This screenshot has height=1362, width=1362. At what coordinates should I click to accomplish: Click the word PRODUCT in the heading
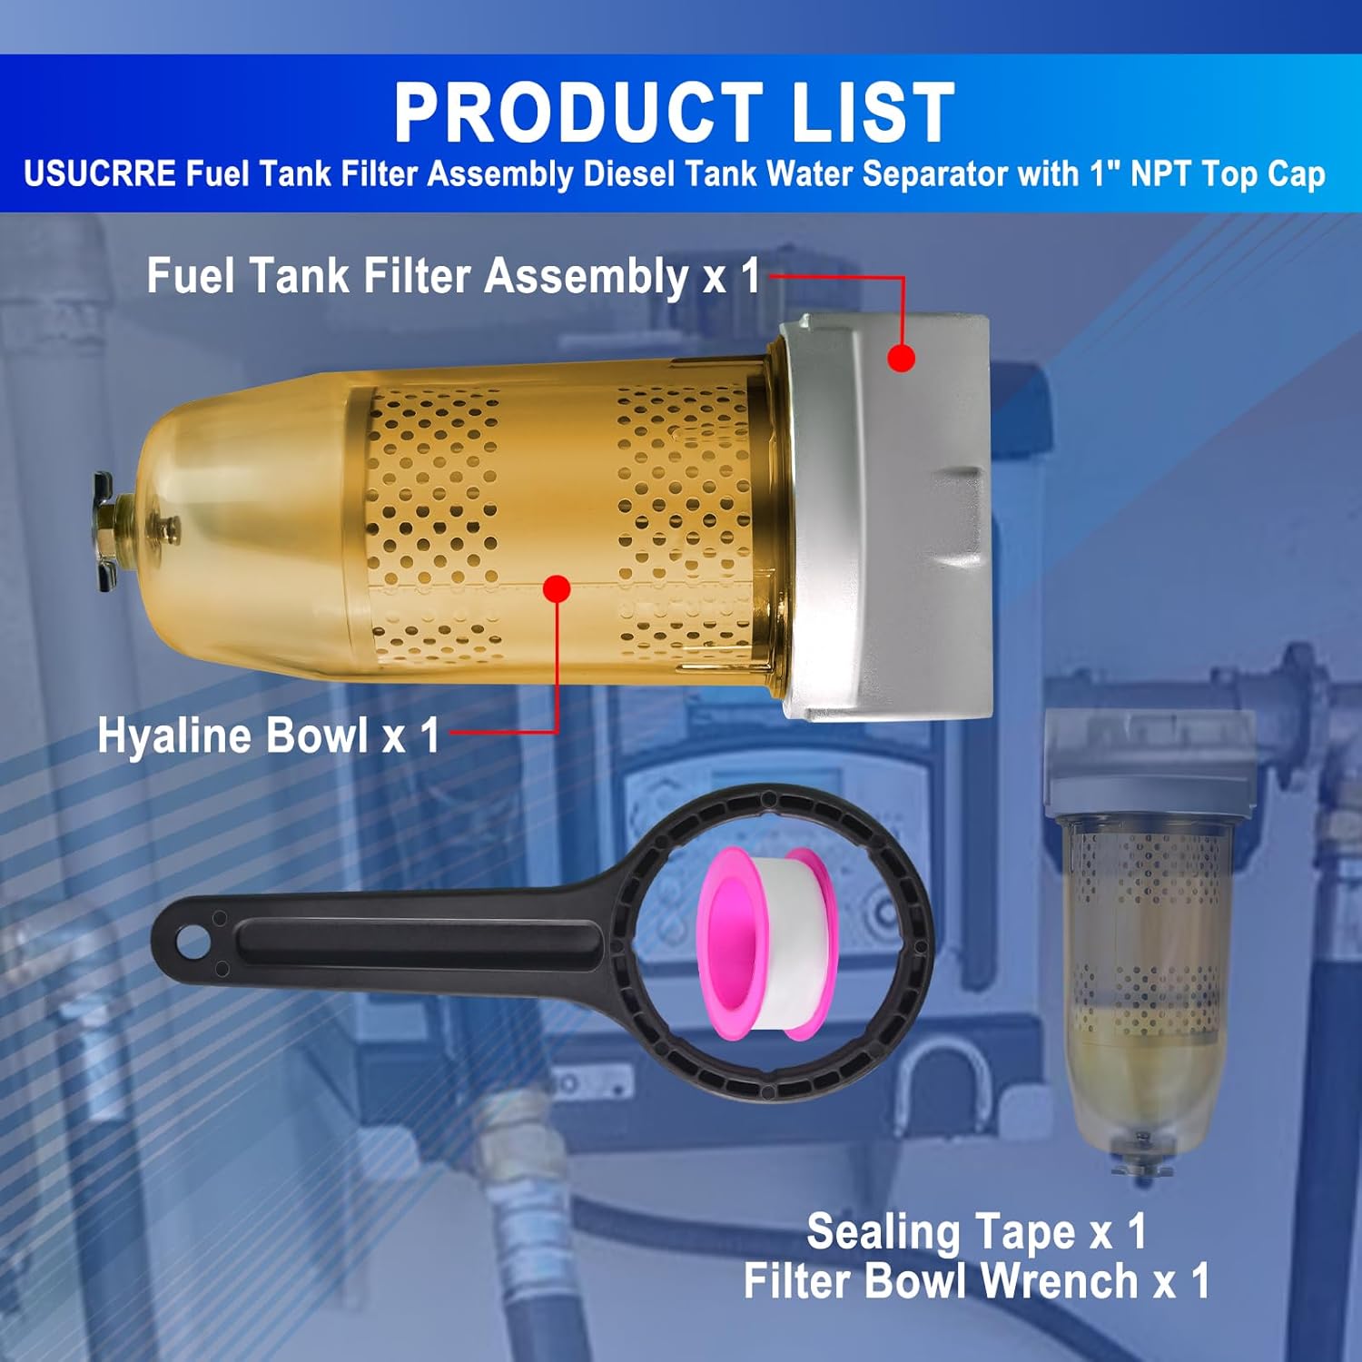click(578, 113)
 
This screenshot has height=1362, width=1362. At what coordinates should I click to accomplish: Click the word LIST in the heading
click(873, 113)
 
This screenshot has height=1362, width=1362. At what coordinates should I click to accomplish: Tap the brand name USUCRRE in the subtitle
click(100, 173)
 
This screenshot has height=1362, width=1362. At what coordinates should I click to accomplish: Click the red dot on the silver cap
click(901, 358)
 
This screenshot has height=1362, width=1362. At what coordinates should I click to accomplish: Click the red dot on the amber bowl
click(557, 588)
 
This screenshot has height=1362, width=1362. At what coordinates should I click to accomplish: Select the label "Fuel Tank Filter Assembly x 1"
click(453, 275)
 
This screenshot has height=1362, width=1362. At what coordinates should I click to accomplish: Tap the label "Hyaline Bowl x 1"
click(269, 735)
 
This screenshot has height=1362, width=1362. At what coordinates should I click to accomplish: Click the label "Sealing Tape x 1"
click(976, 1232)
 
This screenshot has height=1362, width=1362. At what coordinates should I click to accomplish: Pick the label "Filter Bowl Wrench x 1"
click(976, 1281)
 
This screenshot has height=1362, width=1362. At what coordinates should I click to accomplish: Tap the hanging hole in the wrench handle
click(192, 942)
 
